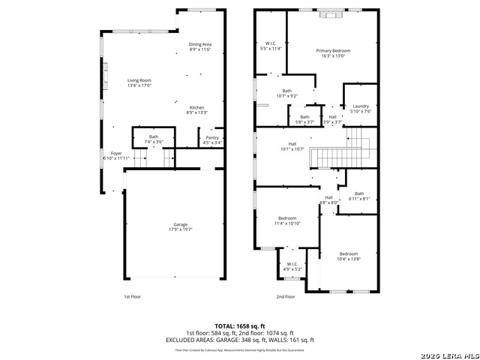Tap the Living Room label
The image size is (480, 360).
pyautogui.click(x=139, y=83)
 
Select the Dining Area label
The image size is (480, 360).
pyautogui.click(x=200, y=46)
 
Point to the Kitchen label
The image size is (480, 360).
pyautogui.click(x=196, y=109)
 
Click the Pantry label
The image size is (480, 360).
pyautogui.click(x=212, y=140)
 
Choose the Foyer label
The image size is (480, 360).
pyautogui.click(x=116, y=156)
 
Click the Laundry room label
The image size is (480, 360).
pyautogui.click(x=361, y=109)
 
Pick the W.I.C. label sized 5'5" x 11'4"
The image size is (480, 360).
pyautogui.click(x=271, y=46)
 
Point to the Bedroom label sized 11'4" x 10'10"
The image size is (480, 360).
pyautogui.click(x=287, y=221)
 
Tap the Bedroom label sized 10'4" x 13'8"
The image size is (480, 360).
pyautogui.click(x=348, y=256)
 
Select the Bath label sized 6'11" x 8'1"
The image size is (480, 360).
pyautogui.click(x=359, y=196)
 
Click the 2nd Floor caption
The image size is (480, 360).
pyautogui.click(x=285, y=296)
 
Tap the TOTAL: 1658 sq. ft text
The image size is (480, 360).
pyautogui.click(x=240, y=326)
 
